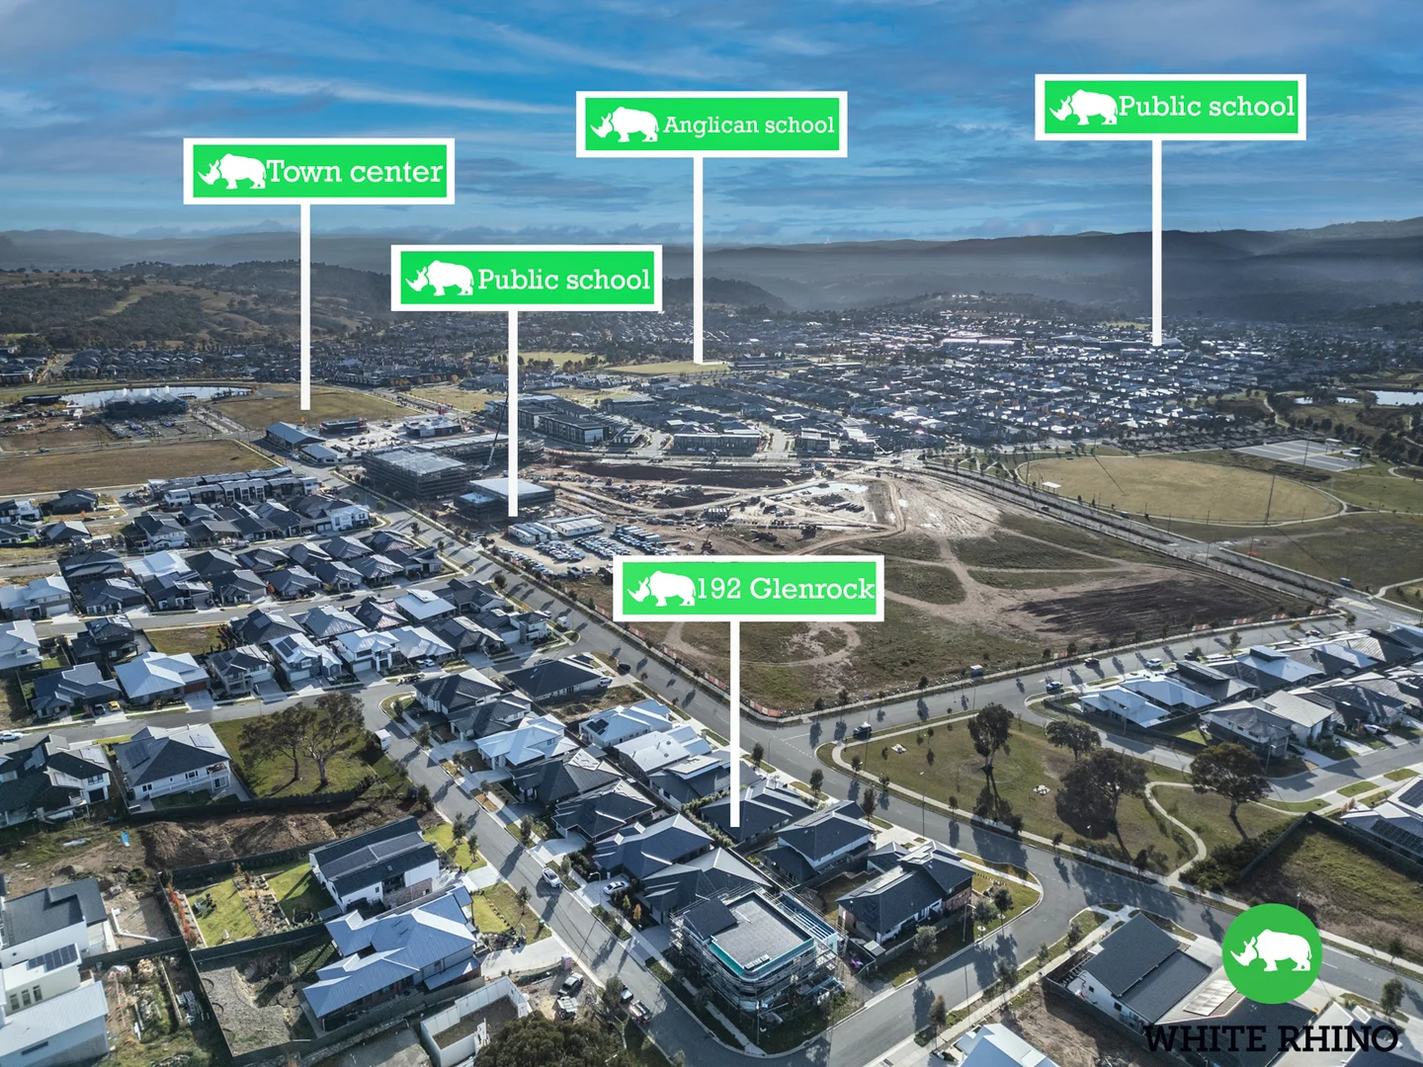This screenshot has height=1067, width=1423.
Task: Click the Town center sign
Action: (318, 172)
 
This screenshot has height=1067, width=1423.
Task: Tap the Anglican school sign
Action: (711, 124)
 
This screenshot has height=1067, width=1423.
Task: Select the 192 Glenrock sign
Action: (748, 589)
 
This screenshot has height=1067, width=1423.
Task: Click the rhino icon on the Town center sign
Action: (232, 172)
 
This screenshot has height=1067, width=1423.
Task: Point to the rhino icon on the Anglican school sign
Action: (625, 124)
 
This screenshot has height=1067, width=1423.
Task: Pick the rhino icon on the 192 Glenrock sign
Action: (661, 589)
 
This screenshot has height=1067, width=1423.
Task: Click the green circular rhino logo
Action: (1272, 953)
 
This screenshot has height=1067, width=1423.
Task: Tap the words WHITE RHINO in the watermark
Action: (1270, 1038)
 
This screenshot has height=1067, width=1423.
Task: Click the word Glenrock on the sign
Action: (811, 589)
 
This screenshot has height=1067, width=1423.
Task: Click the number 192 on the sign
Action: (720, 589)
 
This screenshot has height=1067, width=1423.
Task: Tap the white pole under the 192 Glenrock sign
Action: (734, 723)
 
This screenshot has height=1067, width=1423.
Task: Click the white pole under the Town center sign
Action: (304, 307)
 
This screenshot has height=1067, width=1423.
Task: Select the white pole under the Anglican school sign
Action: (698, 260)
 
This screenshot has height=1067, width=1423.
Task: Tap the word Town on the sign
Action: (304, 172)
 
